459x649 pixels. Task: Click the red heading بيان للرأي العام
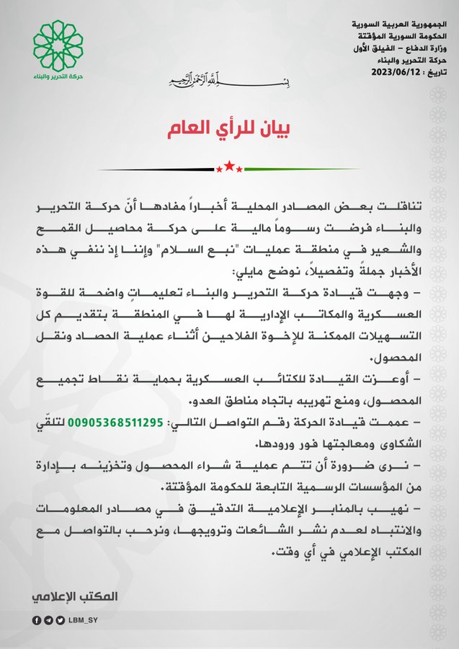tap(229, 131)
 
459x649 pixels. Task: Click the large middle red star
tap(229, 167)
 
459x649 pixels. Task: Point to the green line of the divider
tap(303, 169)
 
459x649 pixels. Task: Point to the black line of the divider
tap(155, 169)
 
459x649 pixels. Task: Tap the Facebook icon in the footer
tap(37, 620)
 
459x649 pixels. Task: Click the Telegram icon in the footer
tap(48, 620)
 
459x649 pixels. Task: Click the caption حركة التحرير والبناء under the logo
tap(58, 78)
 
